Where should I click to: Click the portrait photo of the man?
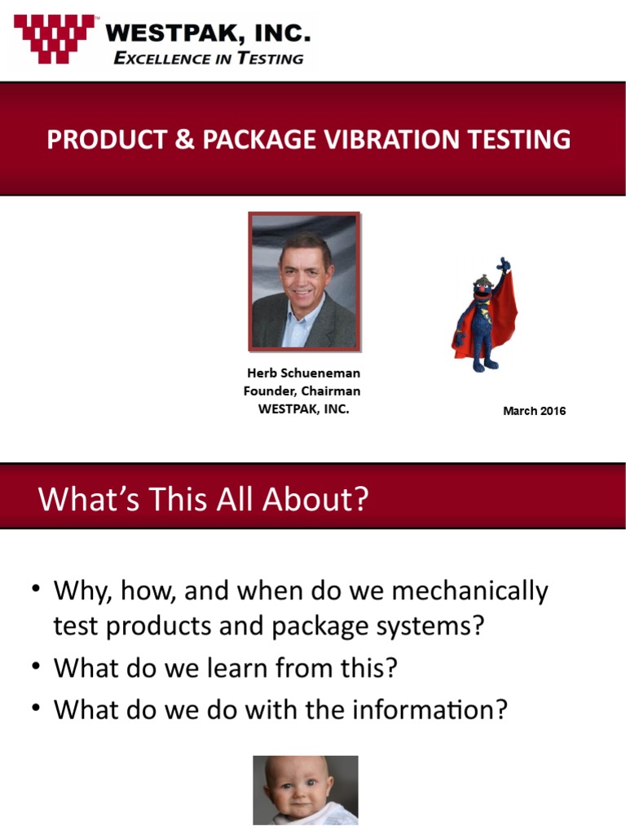pos(304,281)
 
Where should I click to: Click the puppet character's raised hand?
pos(505,265)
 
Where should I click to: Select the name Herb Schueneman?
pos(303,373)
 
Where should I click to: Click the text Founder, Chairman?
pos(302,391)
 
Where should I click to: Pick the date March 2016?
pos(534,411)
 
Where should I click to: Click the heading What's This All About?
pos(203,498)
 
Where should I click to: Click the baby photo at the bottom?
pos(305,789)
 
